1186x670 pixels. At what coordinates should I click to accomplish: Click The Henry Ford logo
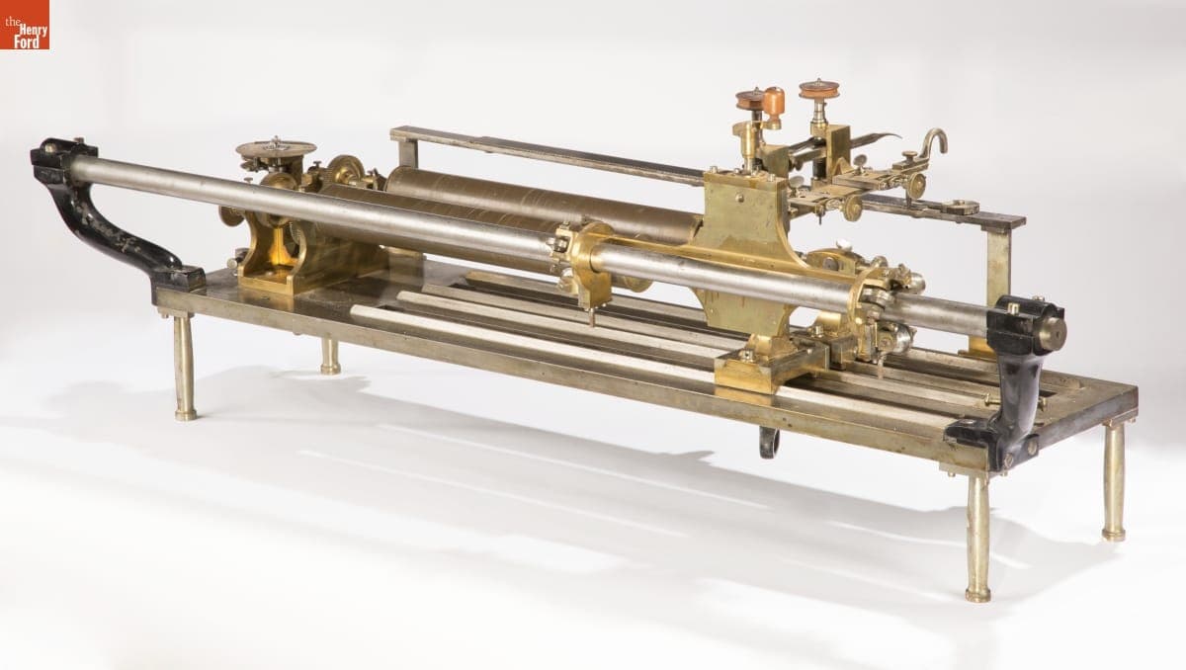pyautogui.click(x=25, y=25)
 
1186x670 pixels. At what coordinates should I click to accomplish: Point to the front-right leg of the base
pyautogui.click(x=977, y=539)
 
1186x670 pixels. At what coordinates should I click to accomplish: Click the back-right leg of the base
pyautogui.click(x=1114, y=481)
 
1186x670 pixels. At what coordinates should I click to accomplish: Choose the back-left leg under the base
pyautogui.click(x=329, y=355)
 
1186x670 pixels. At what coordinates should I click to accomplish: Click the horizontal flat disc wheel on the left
pyautogui.click(x=276, y=149)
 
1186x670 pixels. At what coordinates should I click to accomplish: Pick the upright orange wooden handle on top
pyautogui.click(x=774, y=103)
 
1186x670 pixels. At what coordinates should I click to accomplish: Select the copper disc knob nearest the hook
pyautogui.click(x=819, y=89)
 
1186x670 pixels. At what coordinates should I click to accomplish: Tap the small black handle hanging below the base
pyautogui.click(x=769, y=442)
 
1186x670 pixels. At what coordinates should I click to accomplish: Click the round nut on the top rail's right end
pyautogui.click(x=959, y=207)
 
